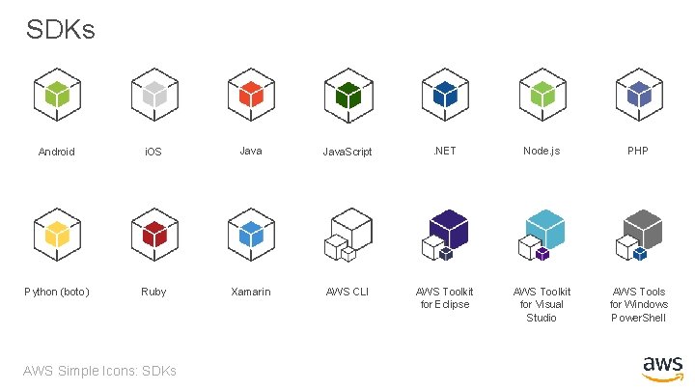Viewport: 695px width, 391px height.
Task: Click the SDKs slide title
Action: tap(61, 30)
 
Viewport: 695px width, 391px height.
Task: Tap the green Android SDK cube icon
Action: tap(57, 95)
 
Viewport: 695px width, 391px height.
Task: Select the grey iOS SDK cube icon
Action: tap(153, 95)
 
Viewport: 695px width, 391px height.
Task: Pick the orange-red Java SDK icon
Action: tap(251, 95)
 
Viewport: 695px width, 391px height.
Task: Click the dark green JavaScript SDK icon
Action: tap(347, 95)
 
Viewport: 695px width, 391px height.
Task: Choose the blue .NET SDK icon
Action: tap(445, 95)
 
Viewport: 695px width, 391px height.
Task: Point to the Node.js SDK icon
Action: tap(542, 95)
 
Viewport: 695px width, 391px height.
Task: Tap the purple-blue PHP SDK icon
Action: tap(638, 95)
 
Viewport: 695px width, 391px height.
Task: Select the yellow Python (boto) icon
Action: tap(57, 235)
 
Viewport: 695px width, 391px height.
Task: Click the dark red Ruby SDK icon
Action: tap(153, 235)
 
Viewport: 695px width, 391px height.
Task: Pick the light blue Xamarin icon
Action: tap(251, 235)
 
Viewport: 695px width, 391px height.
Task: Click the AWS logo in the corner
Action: tap(662, 369)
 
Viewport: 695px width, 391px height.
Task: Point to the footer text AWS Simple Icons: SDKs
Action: tap(101, 371)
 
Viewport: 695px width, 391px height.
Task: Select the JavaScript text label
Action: tap(347, 153)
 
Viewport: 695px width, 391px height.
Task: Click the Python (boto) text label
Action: tap(57, 292)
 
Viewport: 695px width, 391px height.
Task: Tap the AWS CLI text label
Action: tap(347, 292)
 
